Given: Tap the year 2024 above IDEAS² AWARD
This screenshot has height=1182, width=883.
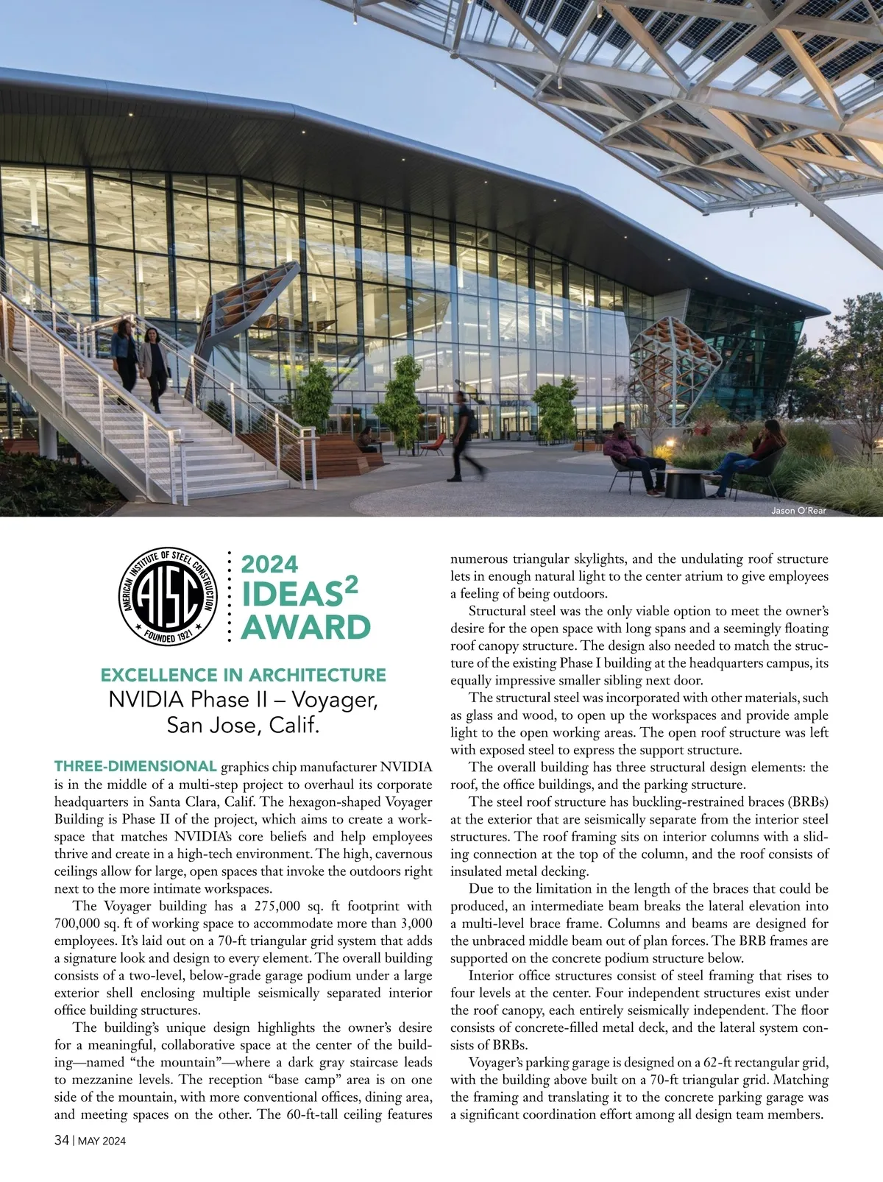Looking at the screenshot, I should tap(270, 565).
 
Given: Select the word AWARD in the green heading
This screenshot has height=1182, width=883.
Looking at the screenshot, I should tap(306, 628).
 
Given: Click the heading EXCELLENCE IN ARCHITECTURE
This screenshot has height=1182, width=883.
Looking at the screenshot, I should tap(243, 675).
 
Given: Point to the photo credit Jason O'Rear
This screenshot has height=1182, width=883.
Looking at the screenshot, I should tap(798, 511).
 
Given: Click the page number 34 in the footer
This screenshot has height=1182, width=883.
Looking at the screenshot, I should tap(62, 1141).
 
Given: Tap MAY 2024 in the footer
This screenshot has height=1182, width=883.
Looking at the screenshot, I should tap(102, 1142).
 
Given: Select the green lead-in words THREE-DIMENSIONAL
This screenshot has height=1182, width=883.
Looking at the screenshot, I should tap(135, 767).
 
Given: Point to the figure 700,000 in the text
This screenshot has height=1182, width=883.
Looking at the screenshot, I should tap(85, 924).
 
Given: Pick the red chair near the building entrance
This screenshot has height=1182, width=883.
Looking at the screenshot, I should tap(436, 444).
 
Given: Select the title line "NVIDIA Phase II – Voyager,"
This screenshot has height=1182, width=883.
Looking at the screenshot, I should tap(243, 699).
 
